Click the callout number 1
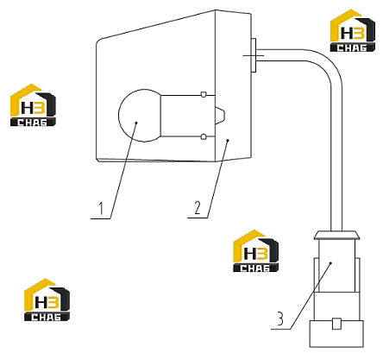pyautogui.click(x=101, y=209)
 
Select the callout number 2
pyautogui.click(x=198, y=208)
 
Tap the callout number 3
pyautogui.click(x=280, y=319)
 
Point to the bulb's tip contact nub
pyautogui.click(x=220, y=116)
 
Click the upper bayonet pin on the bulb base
pyautogui.click(x=204, y=94)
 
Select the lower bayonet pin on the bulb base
pyautogui.click(x=204, y=136)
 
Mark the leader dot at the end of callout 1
pyautogui.click(x=136, y=123)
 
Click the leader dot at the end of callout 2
pyautogui.click(x=228, y=141)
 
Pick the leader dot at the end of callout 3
pyautogui.click(x=331, y=262)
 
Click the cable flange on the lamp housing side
pyautogui.click(x=254, y=55)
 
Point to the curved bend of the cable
pyautogui.click(x=328, y=65)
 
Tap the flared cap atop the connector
pyautogui.click(x=336, y=235)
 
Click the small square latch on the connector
pyautogui.click(x=336, y=324)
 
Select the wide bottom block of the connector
pyautogui.click(x=336, y=334)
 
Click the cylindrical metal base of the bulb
pyautogui.click(x=188, y=116)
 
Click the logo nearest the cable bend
pyautogui.click(x=353, y=30)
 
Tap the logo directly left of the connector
pyautogui.click(x=255, y=251)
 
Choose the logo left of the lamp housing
pyautogui.click(x=33, y=105)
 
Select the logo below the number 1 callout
pyautogui.click(x=47, y=300)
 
